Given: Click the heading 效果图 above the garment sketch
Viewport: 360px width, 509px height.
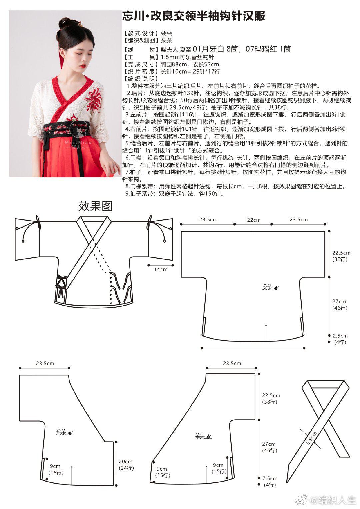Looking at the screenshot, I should tap(95, 206).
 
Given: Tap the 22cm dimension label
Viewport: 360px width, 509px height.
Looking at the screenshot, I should tap(254, 220).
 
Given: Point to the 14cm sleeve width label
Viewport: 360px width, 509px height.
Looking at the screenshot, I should tap(161, 269).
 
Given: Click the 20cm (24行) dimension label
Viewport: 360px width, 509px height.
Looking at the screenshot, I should tap(126, 465).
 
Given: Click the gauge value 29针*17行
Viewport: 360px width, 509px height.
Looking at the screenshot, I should tap(203, 71).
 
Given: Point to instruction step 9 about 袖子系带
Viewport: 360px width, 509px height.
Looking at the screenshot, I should tap(175, 194).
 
